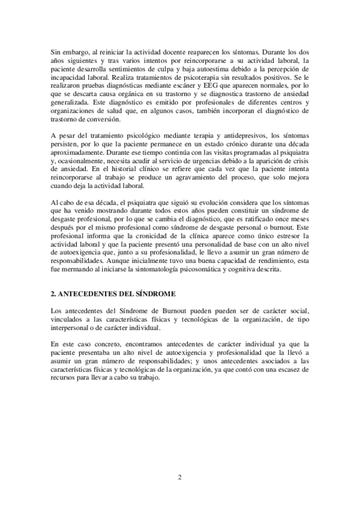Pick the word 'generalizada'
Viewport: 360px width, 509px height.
[x=70, y=103]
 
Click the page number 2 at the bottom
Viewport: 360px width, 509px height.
[x=179, y=477]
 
